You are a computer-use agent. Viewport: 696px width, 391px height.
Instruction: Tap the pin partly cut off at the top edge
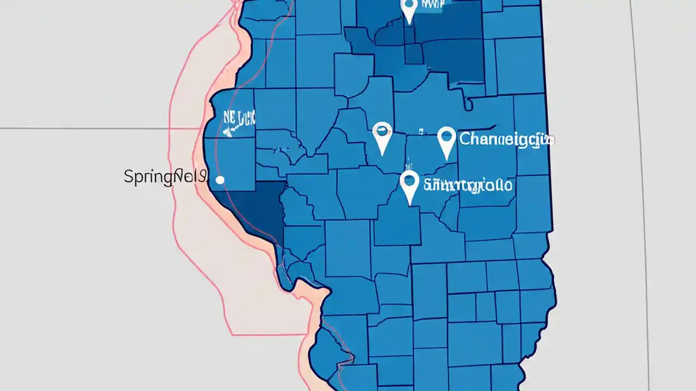[409, 9]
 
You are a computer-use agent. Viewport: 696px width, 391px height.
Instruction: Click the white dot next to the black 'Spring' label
[220, 180]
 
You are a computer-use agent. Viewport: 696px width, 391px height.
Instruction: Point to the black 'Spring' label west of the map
[165, 176]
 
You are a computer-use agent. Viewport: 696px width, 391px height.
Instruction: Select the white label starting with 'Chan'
[506, 140]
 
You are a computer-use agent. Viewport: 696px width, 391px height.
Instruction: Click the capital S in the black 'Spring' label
[129, 176]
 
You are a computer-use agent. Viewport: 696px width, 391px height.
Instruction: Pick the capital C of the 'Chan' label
[465, 139]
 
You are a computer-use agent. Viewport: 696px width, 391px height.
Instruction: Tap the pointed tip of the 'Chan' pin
[446, 160]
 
